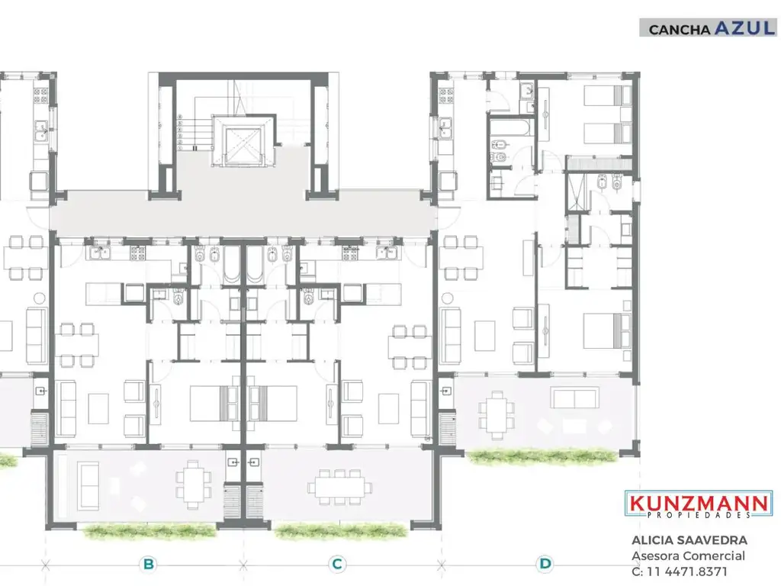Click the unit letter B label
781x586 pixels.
click(x=149, y=565)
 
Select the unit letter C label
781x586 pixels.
click(x=336, y=565)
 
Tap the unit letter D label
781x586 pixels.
click(x=545, y=565)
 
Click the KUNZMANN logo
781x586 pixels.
click(x=699, y=504)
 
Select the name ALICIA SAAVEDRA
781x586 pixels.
click(x=689, y=540)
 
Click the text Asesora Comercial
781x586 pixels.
click(x=688, y=556)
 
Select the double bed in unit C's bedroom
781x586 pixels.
click(x=272, y=402)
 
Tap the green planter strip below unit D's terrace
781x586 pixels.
click(x=543, y=456)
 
